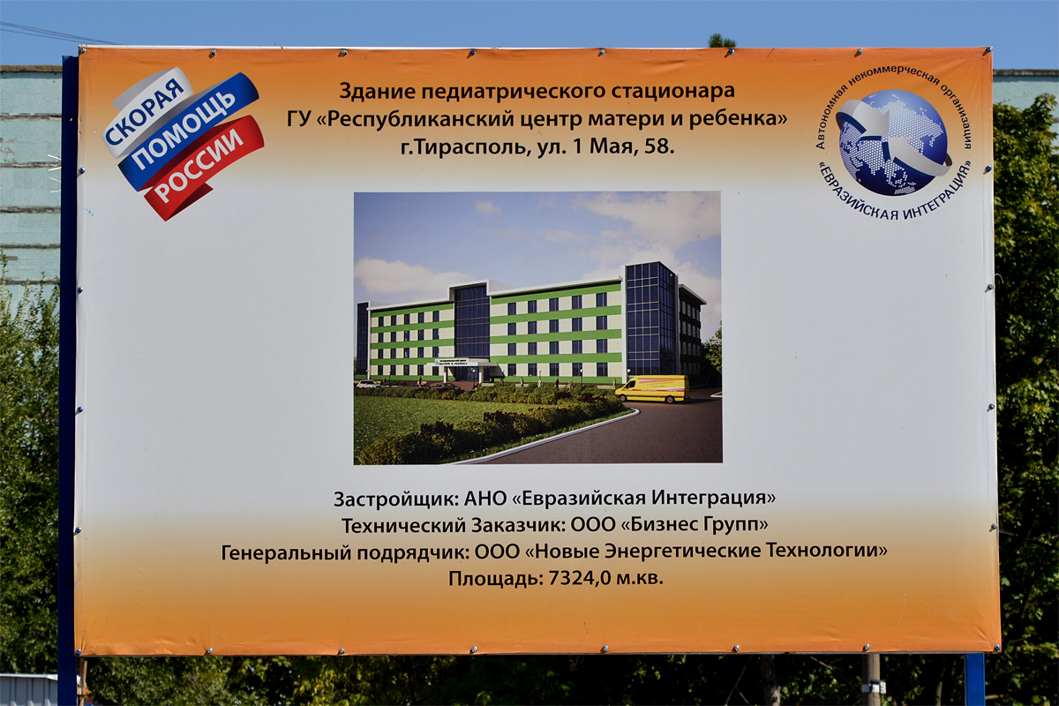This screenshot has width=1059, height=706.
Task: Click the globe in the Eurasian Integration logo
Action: [x=891, y=141]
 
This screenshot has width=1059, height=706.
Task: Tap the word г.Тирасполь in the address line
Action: [x=465, y=148]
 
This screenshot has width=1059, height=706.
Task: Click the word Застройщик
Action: [x=395, y=498]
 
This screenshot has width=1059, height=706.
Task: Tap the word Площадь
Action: [x=495, y=579]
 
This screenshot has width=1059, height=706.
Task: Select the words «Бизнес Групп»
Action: [x=695, y=525]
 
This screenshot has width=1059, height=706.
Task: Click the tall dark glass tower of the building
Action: [x=650, y=318]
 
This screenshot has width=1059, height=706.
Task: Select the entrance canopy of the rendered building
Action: [x=463, y=362]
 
